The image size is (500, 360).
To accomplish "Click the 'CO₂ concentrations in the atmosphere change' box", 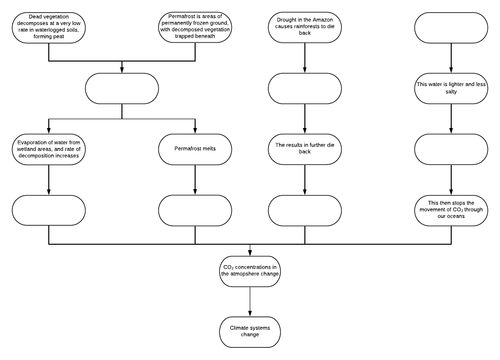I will (x=249, y=268).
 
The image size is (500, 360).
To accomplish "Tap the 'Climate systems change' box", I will (x=249, y=329).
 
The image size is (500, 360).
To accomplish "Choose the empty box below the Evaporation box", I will (x=49, y=209).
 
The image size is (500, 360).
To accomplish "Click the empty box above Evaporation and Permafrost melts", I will (x=122, y=88).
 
